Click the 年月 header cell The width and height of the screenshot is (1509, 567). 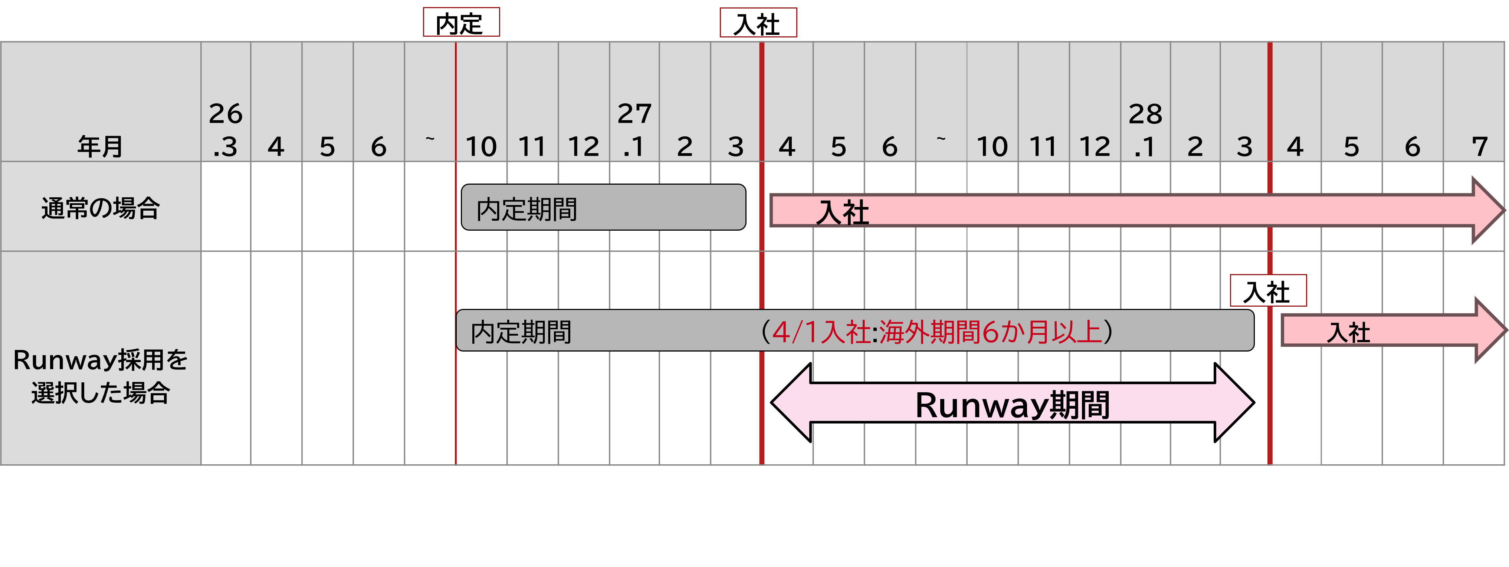(100, 145)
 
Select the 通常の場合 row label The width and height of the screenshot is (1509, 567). (100, 208)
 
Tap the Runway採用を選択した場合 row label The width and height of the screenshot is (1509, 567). (100, 376)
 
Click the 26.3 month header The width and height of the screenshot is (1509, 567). (226, 130)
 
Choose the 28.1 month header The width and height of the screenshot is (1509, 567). (1145, 130)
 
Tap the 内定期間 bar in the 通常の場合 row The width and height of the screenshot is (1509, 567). (603, 207)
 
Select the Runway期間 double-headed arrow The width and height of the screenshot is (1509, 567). (1012, 403)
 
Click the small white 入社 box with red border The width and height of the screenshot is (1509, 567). (1268, 290)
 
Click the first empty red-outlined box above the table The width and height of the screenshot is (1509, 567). (461, 22)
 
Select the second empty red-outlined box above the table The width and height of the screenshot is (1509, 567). (758, 22)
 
